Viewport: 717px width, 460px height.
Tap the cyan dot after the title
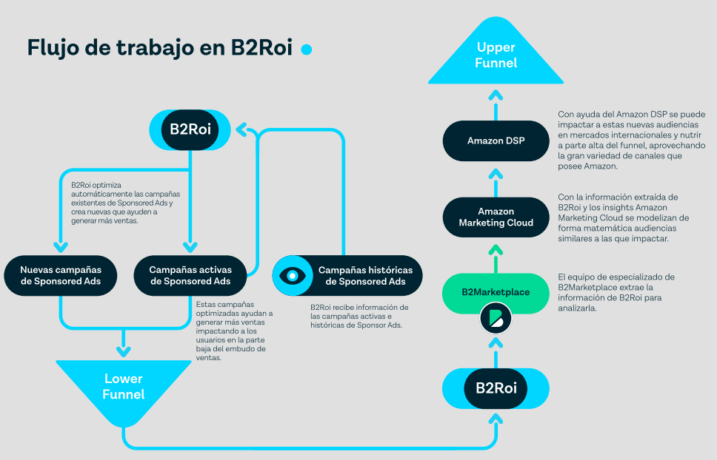[x=306, y=49]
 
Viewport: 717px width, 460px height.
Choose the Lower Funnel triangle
[x=123, y=384]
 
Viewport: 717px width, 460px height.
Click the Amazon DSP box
[x=496, y=141]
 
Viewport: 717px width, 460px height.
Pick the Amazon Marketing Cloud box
[x=496, y=217]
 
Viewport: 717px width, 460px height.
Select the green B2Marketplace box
[x=496, y=292]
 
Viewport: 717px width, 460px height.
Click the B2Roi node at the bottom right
[x=496, y=388]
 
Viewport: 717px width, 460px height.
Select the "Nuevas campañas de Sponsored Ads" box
[x=61, y=275]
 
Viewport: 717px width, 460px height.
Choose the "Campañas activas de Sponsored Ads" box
[x=190, y=275]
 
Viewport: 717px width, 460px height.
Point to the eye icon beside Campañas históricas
[x=293, y=276]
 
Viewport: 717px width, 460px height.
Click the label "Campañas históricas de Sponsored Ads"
[x=365, y=276]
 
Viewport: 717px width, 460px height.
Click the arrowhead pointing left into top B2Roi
[x=243, y=131]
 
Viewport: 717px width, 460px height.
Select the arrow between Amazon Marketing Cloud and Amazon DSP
[x=496, y=176]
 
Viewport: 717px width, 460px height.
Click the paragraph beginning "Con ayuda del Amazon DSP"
[x=631, y=141]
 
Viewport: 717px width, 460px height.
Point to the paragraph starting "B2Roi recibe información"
[x=359, y=316]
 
